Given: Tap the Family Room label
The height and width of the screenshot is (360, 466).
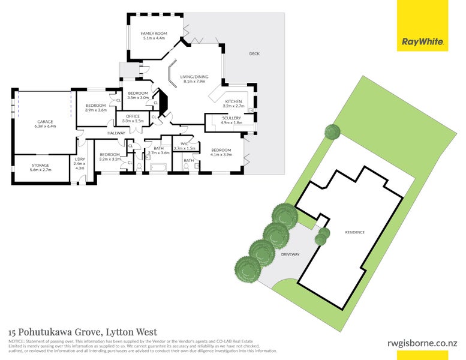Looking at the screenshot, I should click(x=154, y=34).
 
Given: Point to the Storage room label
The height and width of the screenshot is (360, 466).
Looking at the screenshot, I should click(x=40, y=165).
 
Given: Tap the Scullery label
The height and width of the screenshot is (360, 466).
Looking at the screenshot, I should click(x=232, y=118).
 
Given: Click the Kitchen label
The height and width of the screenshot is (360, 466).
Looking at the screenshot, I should click(x=233, y=101).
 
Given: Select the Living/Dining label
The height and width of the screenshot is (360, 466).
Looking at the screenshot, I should click(x=194, y=77).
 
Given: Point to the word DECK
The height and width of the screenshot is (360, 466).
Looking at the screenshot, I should click(x=254, y=54).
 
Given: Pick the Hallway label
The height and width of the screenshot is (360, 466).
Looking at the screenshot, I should click(x=116, y=133).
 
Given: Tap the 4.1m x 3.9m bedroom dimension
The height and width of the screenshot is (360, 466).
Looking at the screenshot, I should click(x=221, y=154).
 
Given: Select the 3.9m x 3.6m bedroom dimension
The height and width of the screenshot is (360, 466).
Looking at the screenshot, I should click(x=95, y=110).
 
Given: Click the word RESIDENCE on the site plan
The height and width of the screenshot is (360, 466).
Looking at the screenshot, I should click(x=355, y=232).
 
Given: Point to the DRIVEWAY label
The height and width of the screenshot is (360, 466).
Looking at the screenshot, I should click(x=290, y=254).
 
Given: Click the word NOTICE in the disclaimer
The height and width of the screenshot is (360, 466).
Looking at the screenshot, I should click(x=16, y=341).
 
